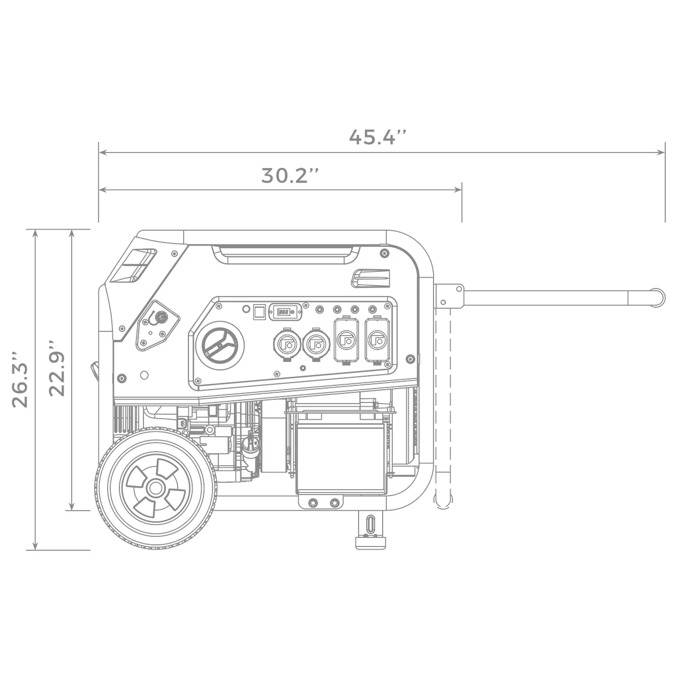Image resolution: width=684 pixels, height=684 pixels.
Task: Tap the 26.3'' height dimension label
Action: pyautogui.click(x=20, y=379)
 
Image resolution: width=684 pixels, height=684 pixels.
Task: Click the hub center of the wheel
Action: pyautogui.click(x=155, y=488)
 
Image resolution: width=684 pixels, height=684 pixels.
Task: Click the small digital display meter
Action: pyautogui.click(x=285, y=310)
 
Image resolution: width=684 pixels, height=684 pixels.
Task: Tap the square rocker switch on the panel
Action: pyautogui.click(x=260, y=310)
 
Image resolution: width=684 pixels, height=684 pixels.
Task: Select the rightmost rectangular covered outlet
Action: pyautogui.click(x=377, y=339)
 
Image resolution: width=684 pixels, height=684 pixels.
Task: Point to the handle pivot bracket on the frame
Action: pyautogui.click(x=449, y=296)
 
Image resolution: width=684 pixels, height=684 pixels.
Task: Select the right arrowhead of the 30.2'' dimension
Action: pyautogui.click(x=459, y=189)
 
